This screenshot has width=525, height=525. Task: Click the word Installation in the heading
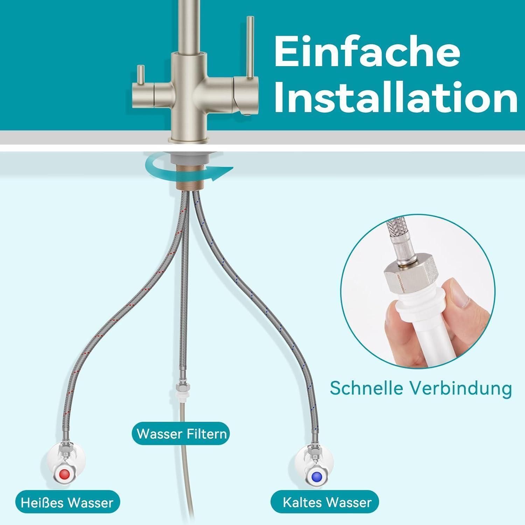tap(395, 96)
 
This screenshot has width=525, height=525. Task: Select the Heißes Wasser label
tap(67, 503)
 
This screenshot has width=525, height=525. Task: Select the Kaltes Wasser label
tap(327, 503)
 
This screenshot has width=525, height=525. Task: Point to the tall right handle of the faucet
tap(250, 47)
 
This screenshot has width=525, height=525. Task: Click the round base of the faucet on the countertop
tap(189, 140)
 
